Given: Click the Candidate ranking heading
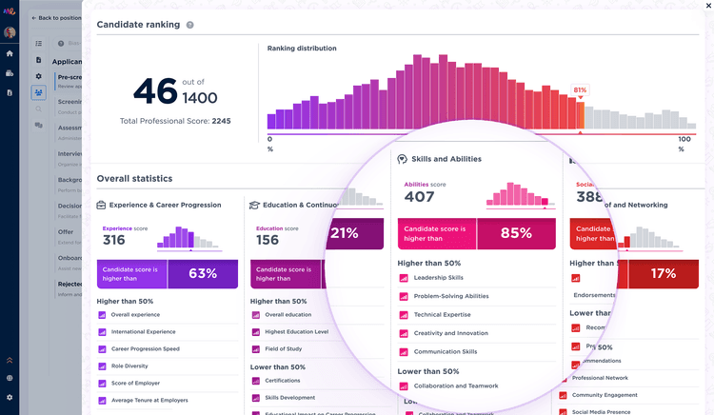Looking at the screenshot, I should pyautogui.click(x=138, y=24).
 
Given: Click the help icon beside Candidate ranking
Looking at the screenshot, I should pyautogui.click(x=190, y=25).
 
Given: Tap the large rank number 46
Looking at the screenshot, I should pyautogui.click(x=155, y=91).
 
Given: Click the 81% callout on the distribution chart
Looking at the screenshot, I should pyautogui.click(x=580, y=90).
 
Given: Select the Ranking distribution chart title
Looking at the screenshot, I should pyautogui.click(x=301, y=48).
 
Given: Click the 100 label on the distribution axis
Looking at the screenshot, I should pyautogui.click(x=684, y=139).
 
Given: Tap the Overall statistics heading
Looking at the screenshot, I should pyautogui.click(x=134, y=178).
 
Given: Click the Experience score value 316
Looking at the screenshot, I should pyautogui.click(x=113, y=240).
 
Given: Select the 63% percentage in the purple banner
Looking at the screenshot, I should pyautogui.click(x=203, y=273).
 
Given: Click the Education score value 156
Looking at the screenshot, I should pyautogui.click(x=268, y=240).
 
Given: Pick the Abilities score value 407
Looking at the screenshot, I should pyautogui.click(x=419, y=197).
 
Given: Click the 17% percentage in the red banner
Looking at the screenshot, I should pyautogui.click(x=663, y=273).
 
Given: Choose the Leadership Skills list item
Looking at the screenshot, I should pyautogui.click(x=439, y=278).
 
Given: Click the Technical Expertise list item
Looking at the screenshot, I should pyautogui.click(x=442, y=314).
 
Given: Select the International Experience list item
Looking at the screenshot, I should pyautogui.click(x=143, y=332).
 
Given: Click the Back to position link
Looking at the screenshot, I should pyautogui.click(x=54, y=18).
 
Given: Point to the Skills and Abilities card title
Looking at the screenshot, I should pyautogui.click(x=446, y=159).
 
